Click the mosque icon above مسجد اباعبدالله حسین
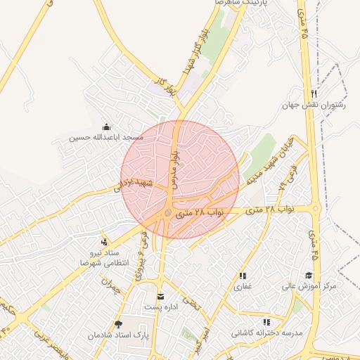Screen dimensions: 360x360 point(106,127)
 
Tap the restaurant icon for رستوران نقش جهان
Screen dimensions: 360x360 point(314,94)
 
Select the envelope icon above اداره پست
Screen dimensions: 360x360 point(160,296)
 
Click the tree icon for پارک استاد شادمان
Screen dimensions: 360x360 point(118,324)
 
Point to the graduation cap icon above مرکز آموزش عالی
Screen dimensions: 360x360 point(309,275)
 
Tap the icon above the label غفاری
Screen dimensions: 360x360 point(243,276)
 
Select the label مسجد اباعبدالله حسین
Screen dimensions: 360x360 point(106,138)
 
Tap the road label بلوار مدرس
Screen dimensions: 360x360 point(176,169)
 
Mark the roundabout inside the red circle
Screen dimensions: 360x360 point(167,212)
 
